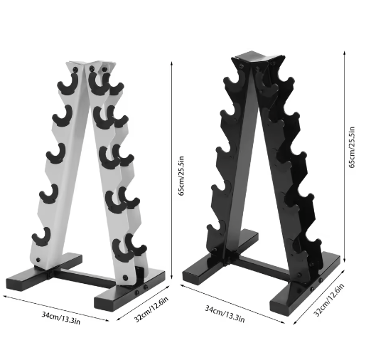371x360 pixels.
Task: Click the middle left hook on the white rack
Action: tap(54, 153)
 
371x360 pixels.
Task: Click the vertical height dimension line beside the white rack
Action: tap(172, 171)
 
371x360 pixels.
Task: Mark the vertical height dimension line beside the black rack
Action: tap(345, 160)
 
